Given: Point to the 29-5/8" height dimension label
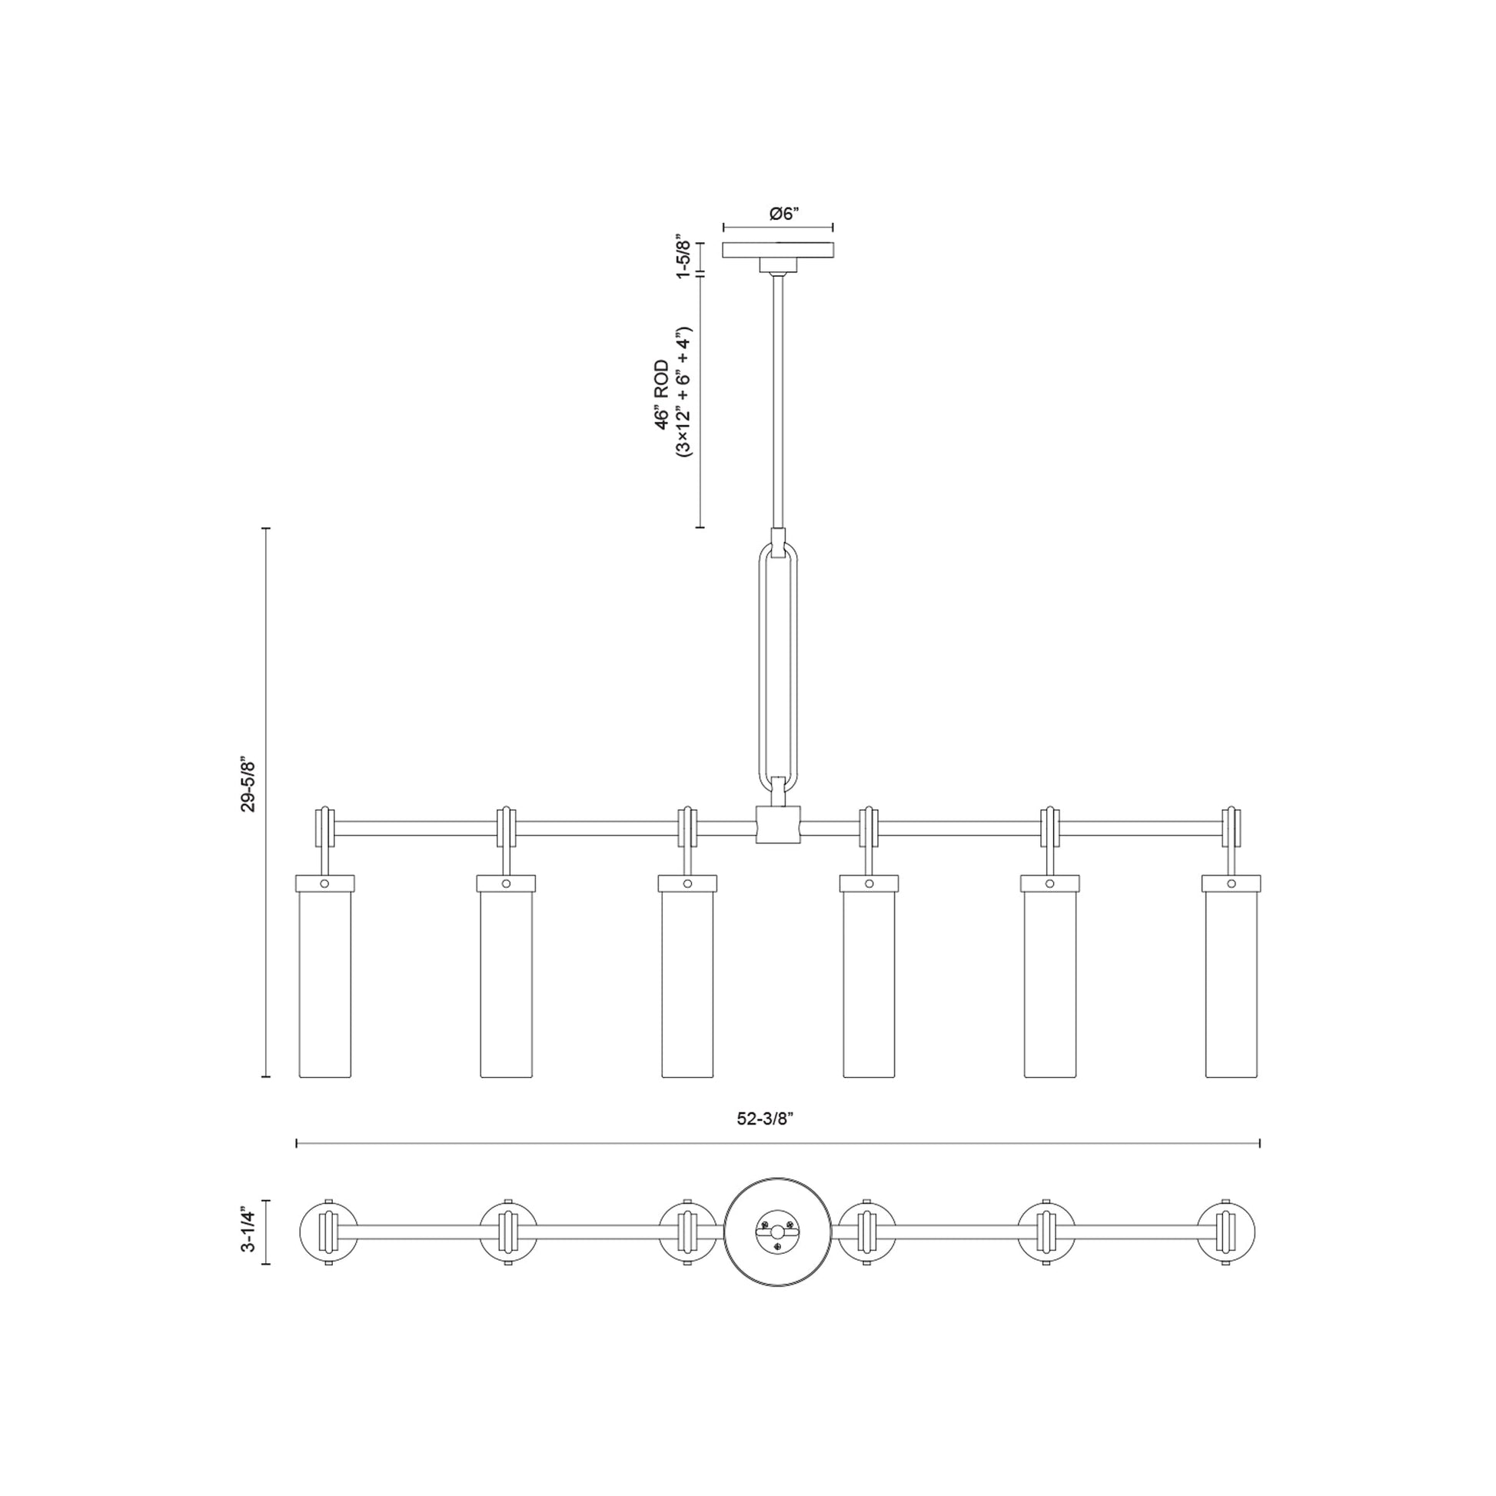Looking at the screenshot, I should [x=248, y=783].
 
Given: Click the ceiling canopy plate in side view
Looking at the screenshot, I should [x=777, y=250].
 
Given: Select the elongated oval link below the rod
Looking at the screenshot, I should [x=777, y=667].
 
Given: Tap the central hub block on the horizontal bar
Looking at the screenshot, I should [x=777, y=823].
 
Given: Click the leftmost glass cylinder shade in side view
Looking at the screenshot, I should [x=325, y=983].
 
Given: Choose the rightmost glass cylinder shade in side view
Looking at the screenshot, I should [x=1232, y=983].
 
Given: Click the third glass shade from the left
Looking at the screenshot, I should [x=687, y=983].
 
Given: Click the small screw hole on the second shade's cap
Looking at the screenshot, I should [x=506, y=883].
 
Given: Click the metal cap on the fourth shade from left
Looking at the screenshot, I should [x=869, y=883].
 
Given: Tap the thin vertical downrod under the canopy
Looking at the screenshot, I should [x=777, y=403].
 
